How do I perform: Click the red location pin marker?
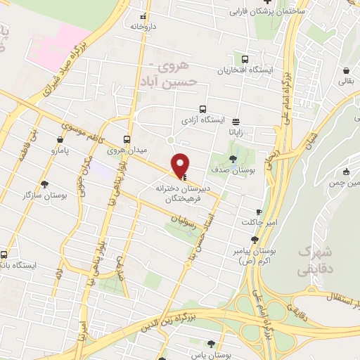pyautogui.click(x=181, y=165)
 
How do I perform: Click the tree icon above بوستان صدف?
pyautogui.click(x=233, y=157)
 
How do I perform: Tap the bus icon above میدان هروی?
pyautogui.click(x=127, y=139)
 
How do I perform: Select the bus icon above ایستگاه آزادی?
pyautogui.click(x=202, y=109)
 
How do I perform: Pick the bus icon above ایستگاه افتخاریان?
pyautogui.click(x=245, y=60)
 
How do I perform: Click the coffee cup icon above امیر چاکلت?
pyautogui.click(x=259, y=212)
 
